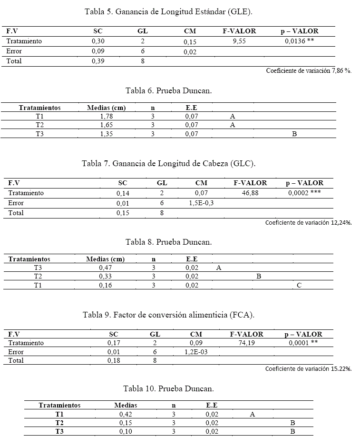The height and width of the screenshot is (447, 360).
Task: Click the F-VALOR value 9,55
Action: (x=239, y=41)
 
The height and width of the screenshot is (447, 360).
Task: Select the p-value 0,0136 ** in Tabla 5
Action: (x=299, y=41)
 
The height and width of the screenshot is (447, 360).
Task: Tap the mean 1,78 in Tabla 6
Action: (x=106, y=116)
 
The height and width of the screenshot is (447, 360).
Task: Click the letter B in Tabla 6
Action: (x=294, y=134)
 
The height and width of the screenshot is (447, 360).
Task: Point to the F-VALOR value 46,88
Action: (x=250, y=193)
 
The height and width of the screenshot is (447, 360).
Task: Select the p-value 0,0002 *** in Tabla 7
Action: (x=304, y=193)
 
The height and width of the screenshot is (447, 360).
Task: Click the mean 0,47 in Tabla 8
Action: (x=105, y=268)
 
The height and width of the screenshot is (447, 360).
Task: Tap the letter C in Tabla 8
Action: (x=299, y=286)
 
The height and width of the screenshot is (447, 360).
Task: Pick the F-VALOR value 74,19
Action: (x=246, y=343)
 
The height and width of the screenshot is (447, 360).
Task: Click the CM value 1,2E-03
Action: (x=195, y=352)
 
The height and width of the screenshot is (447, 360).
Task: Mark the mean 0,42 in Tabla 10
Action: (x=126, y=414)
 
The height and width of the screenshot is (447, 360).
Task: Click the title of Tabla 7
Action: (x=169, y=164)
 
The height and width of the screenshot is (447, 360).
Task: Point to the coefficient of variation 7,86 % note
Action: (x=309, y=70)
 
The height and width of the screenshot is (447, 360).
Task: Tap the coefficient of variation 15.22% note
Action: (x=308, y=368)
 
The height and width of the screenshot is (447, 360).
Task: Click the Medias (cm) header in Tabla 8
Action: (x=105, y=259)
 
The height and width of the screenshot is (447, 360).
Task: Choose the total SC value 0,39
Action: (x=98, y=61)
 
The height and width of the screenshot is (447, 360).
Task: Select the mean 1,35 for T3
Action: (x=106, y=134)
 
